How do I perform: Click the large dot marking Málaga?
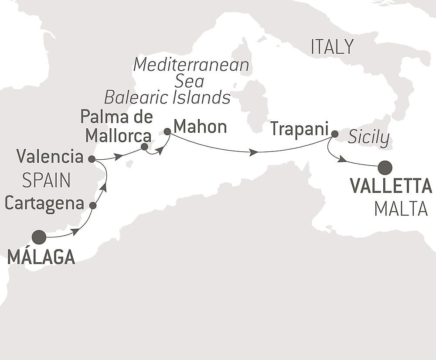(39, 237)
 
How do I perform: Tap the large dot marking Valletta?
(385, 167)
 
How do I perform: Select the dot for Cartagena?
(92, 205)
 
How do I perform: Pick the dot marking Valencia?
(92, 159)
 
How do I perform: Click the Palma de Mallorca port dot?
(144, 147)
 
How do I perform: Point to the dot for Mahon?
(167, 131)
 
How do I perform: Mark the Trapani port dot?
(334, 134)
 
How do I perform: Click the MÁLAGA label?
(41, 257)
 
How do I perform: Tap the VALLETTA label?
(391, 186)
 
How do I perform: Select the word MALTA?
(401, 209)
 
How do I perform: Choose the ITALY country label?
(332, 47)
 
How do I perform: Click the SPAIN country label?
(46, 180)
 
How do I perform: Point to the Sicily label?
(369, 138)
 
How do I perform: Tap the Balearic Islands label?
(167, 98)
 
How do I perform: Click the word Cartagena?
(44, 203)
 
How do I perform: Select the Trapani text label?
(298, 129)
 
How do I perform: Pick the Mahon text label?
(200, 127)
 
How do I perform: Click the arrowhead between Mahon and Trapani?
(253, 152)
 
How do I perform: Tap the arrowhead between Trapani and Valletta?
(342, 159)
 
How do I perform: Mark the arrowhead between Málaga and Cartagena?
(75, 231)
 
